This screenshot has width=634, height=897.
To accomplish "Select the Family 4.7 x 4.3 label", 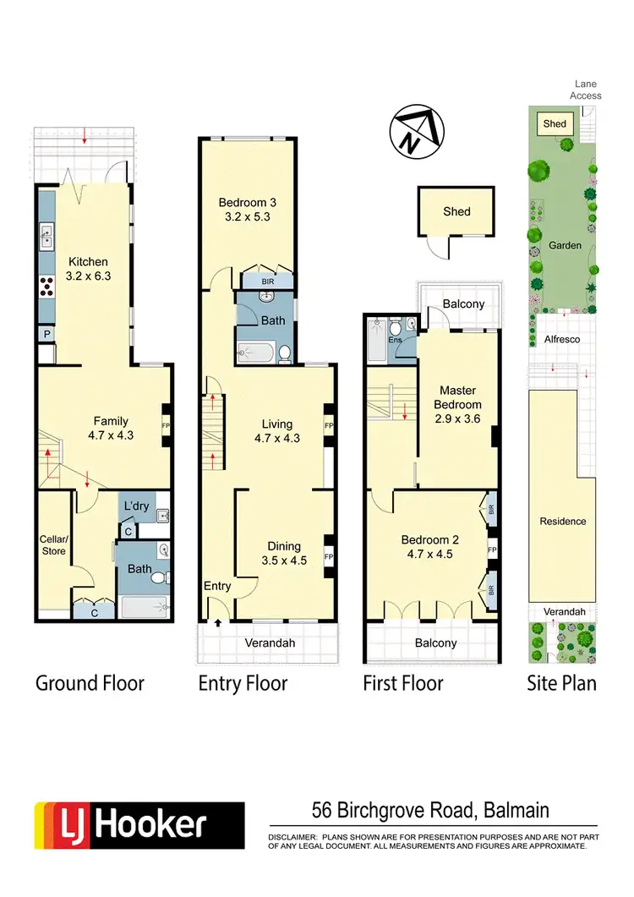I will coord(111,428).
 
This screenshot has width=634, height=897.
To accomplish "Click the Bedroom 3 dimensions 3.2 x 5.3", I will coord(248,216).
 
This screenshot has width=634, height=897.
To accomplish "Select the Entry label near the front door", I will coord(217,586).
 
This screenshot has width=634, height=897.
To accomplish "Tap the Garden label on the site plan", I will coord(565,245).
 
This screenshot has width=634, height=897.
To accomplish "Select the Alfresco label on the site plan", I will coord(565,336).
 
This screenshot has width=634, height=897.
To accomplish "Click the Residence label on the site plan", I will coord(563,522).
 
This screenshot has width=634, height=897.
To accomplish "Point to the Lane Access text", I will coord(585,90).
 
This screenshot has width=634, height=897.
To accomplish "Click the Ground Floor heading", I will coord(90,683).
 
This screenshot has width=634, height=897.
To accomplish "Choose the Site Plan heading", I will coord(561,683).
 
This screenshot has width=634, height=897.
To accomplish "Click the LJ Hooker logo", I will coord(139,825).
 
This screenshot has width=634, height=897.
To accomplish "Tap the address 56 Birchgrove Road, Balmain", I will coord(430,811).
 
